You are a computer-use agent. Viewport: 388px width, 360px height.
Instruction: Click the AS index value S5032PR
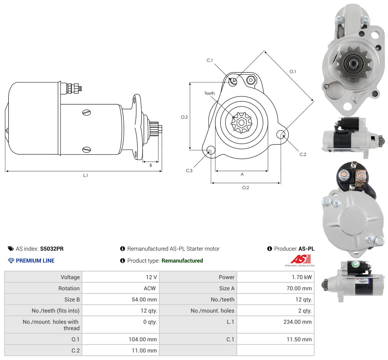tap(52, 249)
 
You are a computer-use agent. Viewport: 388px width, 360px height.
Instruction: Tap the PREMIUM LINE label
tap(35, 261)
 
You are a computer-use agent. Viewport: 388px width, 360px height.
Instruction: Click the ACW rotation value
tap(150, 288)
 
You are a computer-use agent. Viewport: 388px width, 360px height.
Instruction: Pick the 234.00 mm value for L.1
tap(297, 322)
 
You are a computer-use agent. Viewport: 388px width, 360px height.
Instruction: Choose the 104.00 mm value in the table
tap(143, 339)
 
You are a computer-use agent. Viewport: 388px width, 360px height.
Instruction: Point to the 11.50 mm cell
tap(299, 339)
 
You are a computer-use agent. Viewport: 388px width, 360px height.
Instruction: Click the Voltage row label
tap(70, 277)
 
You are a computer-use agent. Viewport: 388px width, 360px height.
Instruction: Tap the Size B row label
tap(72, 300)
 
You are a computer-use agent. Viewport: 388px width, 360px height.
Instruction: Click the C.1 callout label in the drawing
tap(210, 60)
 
